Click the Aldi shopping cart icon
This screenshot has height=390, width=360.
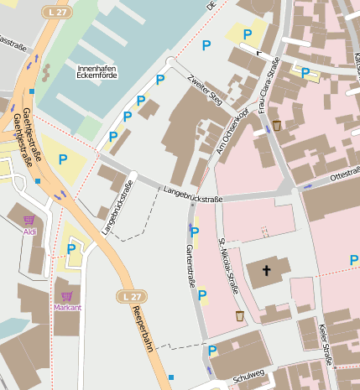(x=29, y=220)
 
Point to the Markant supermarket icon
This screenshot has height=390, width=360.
(x=67, y=296)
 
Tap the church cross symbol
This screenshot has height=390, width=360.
(x=268, y=270)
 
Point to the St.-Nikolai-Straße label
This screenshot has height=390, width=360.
(x=226, y=264)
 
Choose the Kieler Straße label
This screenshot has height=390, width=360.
(x=326, y=343)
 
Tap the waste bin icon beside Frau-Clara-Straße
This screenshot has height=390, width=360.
(x=277, y=125)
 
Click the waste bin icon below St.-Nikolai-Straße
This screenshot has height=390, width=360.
(x=240, y=315)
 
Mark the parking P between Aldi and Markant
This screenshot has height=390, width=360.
(x=70, y=248)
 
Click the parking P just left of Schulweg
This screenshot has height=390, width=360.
(x=213, y=351)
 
